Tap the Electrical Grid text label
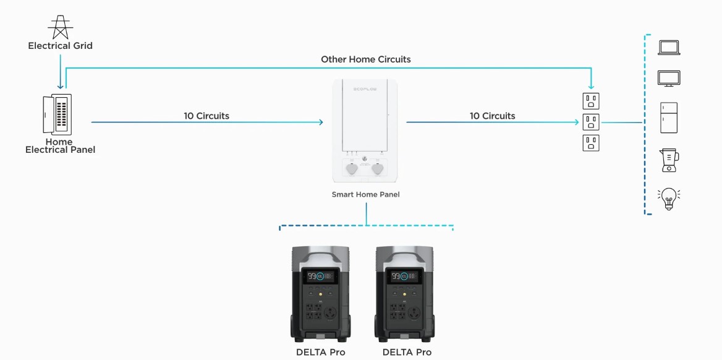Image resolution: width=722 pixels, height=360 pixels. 61,46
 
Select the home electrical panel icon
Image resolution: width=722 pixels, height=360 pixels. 57,114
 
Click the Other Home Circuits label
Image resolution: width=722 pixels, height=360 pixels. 365,59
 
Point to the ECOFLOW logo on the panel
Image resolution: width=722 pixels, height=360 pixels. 365,90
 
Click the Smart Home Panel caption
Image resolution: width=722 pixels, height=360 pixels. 365,194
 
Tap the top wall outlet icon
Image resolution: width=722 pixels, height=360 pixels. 591,101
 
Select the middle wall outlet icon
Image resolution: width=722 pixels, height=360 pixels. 591,121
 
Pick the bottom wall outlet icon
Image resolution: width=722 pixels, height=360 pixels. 591,143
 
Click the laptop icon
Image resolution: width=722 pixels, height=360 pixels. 669,48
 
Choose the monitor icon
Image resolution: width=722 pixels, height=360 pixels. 669,79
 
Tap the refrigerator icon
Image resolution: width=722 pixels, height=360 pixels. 669,118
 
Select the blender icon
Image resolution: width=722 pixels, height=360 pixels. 668,160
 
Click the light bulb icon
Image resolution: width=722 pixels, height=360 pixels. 668,199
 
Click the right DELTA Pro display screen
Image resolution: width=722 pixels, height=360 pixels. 404,276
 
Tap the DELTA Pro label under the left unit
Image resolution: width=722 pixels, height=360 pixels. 320,352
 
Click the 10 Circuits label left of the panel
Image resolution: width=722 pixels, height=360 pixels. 206,116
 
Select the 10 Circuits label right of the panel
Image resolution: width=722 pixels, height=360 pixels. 492,116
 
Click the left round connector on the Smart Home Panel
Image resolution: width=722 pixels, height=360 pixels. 351,168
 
